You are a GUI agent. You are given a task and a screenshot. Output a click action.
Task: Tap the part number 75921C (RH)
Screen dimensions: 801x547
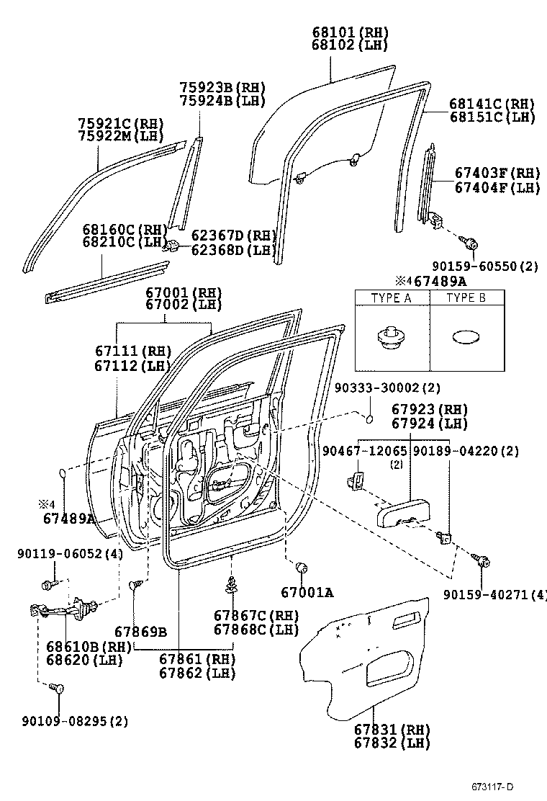[x=121, y=123]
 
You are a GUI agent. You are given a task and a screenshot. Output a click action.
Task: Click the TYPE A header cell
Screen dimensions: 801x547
[x=392, y=298]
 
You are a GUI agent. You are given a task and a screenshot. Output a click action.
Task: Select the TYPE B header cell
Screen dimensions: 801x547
[x=466, y=298]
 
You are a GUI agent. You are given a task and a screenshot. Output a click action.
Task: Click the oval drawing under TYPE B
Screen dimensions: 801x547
[x=466, y=337]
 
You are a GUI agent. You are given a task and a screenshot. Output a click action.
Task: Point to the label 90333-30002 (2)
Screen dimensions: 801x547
[x=387, y=388]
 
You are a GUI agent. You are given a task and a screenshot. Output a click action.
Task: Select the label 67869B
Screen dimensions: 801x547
[x=140, y=632]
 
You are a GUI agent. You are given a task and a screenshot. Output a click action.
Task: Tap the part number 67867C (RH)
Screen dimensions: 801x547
[x=246, y=615]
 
